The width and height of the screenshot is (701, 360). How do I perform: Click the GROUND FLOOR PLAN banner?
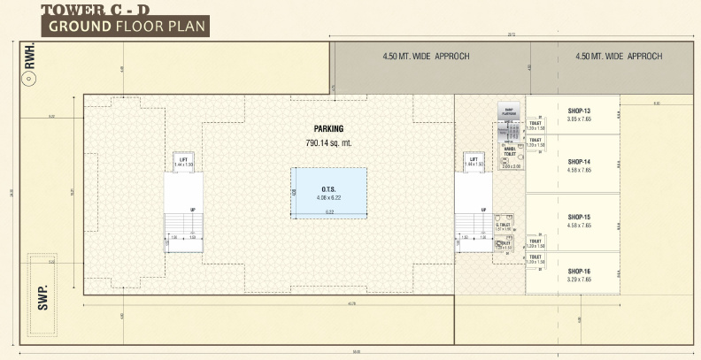tap(127, 26)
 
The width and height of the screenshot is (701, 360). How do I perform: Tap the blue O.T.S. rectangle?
tap(328, 192)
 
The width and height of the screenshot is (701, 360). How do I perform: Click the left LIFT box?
tap(183, 162)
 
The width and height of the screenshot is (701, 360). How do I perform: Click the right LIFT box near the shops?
tap(474, 162)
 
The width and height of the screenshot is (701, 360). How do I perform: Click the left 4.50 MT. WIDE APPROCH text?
tap(426, 57)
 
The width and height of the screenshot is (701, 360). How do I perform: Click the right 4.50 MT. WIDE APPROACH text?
tap(618, 57)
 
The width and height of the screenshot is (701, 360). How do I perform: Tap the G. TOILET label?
tap(504, 226)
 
